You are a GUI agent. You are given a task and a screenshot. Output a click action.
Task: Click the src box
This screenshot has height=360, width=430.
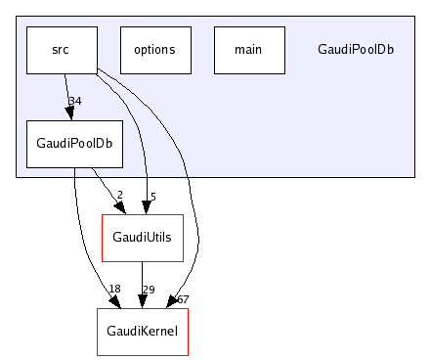click(x=61, y=50)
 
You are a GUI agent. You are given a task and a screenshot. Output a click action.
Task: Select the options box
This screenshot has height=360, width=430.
click(x=154, y=50)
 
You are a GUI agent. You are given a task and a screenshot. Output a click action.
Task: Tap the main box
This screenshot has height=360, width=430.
click(x=248, y=50)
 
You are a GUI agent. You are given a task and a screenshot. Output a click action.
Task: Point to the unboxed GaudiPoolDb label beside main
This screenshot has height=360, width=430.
click(x=356, y=50)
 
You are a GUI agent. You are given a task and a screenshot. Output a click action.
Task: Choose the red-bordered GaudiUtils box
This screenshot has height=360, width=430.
click(x=143, y=238)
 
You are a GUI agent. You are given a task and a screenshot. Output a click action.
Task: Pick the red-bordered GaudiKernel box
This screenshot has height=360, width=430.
click(x=142, y=332)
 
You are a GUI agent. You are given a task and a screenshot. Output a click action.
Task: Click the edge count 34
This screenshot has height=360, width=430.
click(x=74, y=102)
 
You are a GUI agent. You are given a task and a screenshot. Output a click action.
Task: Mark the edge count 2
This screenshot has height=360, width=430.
click(x=119, y=196)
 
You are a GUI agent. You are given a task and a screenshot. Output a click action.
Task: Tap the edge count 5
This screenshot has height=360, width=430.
click(x=153, y=196)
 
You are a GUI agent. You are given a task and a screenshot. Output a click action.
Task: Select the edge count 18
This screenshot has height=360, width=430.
click(x=113, y=290)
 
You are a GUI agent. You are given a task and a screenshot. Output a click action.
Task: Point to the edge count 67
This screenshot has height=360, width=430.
click(x=182, y=297)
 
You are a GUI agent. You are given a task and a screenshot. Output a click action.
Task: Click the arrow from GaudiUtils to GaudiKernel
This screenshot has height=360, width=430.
click(x=143, y=284)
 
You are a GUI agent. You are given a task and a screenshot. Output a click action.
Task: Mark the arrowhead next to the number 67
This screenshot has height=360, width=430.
click(x=173, y=302)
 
